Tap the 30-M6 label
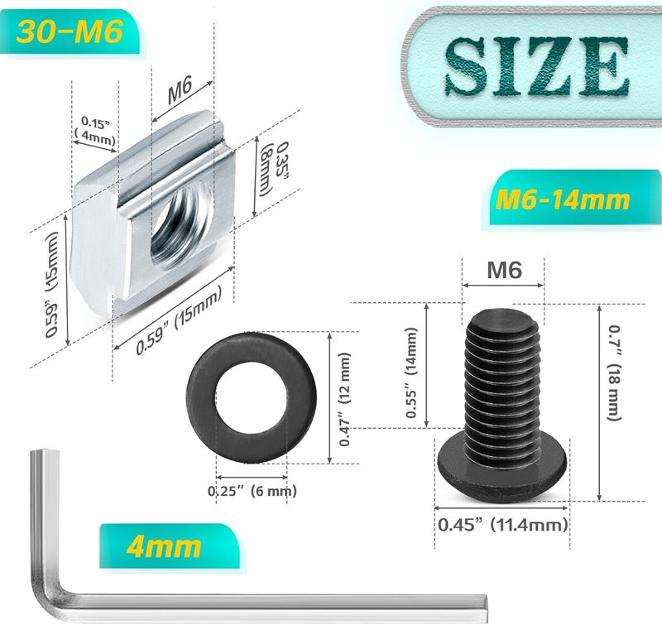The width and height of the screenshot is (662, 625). click(x=70, y=31)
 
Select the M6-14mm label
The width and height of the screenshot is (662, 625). click(x=564, y=200)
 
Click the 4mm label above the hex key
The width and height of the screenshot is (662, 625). click(x=164, y=546)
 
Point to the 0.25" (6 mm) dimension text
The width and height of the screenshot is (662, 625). click(x=252, y=491)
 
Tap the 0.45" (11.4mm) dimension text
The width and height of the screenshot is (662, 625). click(x=502, y=524)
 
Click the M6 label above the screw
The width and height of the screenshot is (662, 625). click(x=503, y=270)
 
